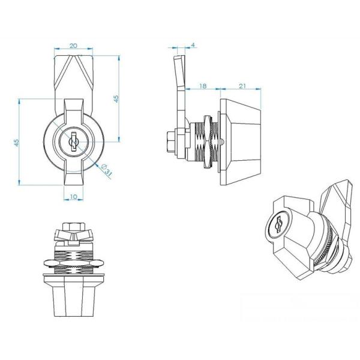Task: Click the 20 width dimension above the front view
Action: point(73,46)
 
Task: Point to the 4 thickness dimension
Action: point(192,46)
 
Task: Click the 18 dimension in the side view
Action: point(203,86)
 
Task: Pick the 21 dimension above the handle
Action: point(242,86)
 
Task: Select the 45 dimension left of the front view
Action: point(17,142)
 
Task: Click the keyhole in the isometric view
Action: point(278,226)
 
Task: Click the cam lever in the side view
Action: point(179,90)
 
